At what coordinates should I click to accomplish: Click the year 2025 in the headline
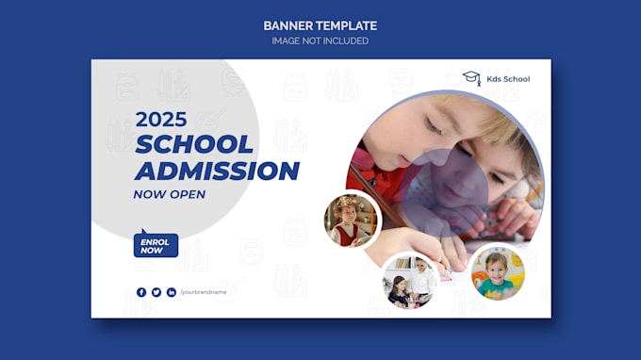pyautogui.click(x=161, y=120)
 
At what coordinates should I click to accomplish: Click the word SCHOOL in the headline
pyautogui.click(x=194, y=144)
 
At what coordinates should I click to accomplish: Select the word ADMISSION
pyautogui.click(x=217, y=171)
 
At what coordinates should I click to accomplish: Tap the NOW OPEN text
pyautogui.click(x=170, y=194)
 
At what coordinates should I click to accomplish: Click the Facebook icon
pyautogui.click(x=141, y=292)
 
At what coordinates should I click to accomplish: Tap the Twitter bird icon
pyautogui.click(x=156, y=292)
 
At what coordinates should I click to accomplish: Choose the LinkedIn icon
pyautogui.click(x=172, y=292)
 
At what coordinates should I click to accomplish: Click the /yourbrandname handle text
pyautogui.click(x=204, y=292)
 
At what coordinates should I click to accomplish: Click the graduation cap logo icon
pyautogui.click(x=471, y=78)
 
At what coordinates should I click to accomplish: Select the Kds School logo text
pyautogui.click(x=509, y=79)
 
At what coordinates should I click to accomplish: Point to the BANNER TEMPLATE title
pyautogui.click(x=320, y=25)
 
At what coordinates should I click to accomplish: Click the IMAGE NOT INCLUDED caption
pyautogui.click(x=320, y=41)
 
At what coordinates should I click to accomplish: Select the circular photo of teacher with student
pyautogui.click(x=409, y=280)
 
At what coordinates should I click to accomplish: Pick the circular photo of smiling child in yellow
pyautogui.click(x=498, y=272)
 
